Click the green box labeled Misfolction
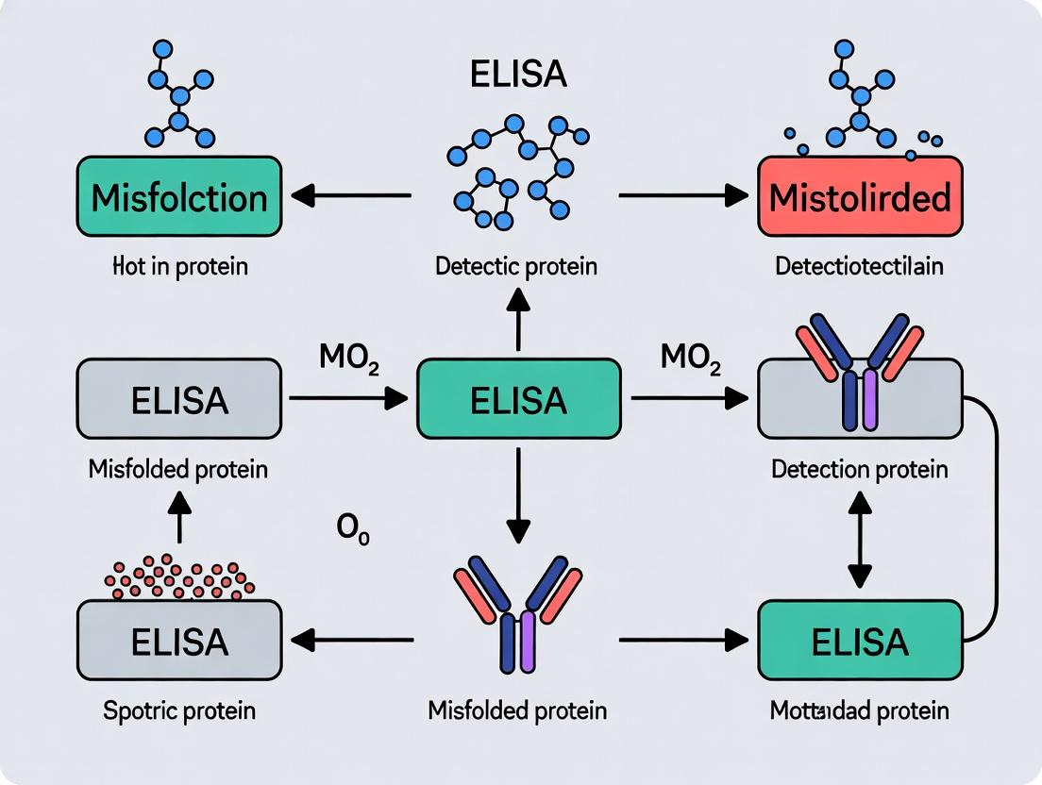[x=179, y=197]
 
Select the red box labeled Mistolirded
[x=860, y=197]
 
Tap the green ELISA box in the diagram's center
[x=519, y=399]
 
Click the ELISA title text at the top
[x=519, y=75]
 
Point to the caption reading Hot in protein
[x=179, y=266]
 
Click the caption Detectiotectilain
[x=859, y=266]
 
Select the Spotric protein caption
[x=179, y=710]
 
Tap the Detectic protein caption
[x=516, y=266]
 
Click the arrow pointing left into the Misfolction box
[x=351, y=196]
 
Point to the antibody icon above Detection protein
[x=859, y=363]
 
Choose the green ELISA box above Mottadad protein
[x=860, y=642]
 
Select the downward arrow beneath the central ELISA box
[x=518, y=495]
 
